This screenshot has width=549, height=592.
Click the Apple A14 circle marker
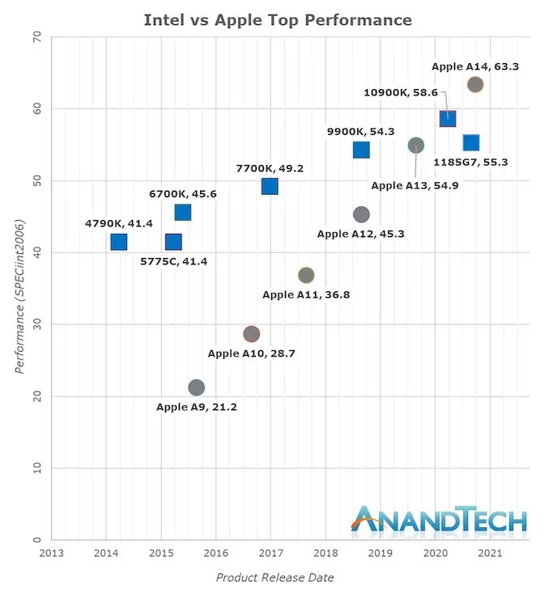(x=475, y=84)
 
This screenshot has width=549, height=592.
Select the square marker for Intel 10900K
(x=448, y=119)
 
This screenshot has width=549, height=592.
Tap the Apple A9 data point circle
(x=196, y=387)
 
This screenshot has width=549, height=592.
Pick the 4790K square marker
(x=119, y=242)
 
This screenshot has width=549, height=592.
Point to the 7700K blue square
(x=270, y=187)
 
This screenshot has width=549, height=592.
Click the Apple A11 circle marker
(x=306, y=275)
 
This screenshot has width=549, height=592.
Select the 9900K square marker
(x=361, y=150)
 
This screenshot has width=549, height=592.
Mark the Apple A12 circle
(x=361, y=214)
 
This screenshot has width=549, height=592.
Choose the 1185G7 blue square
(x=471, y=143)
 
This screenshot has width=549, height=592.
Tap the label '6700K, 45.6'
(x=183, y=194)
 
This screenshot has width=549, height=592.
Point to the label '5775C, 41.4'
(x=173, y=261)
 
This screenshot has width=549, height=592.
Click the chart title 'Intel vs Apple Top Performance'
(x=278, y=20)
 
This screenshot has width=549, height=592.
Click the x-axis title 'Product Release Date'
(x=274, y=577)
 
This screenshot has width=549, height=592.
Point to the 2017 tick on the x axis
(x=270, y=554)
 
